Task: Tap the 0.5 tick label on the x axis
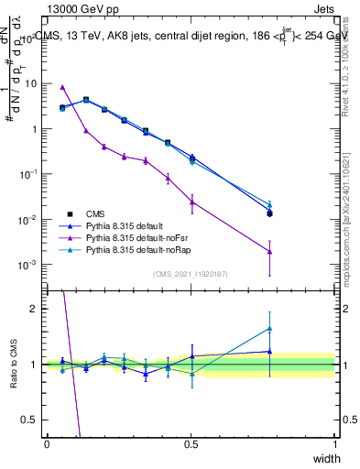(x=191, y=444)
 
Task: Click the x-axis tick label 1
(x=334, y=444)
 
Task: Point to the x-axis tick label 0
(x=47, y=444)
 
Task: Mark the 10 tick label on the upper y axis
(x=33, y=83)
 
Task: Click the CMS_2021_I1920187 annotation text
(x=191, y=274)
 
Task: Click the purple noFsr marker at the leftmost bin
(x=62, y=87)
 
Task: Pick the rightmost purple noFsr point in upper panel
(x=269, y=252)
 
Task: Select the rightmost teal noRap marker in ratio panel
(x=269, y=328)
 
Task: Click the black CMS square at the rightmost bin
(x=269, y=213)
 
